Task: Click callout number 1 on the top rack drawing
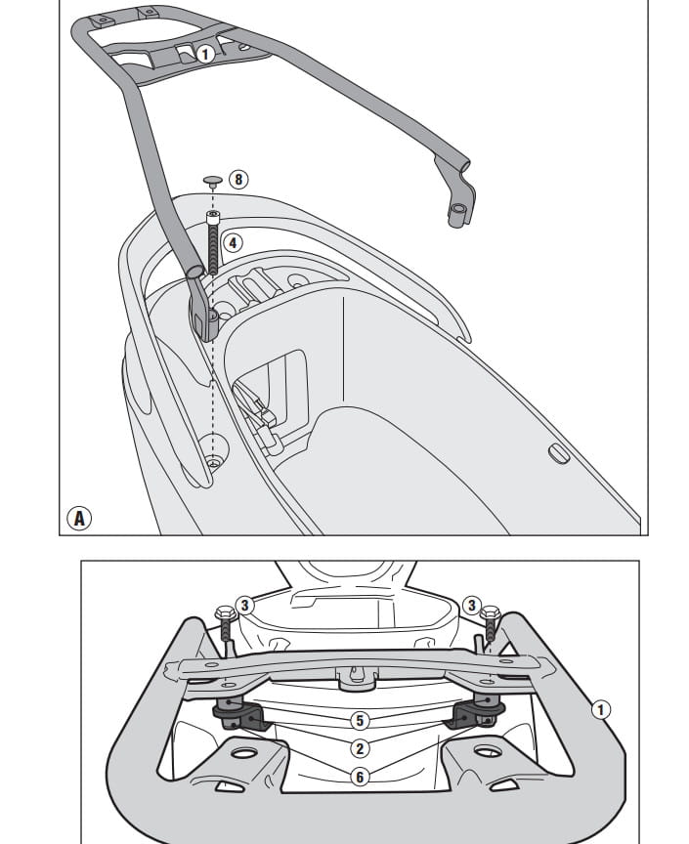pyautogui.click(x=204, y=54)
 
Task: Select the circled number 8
pyautogui.click(x=238, y=180)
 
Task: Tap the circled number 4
pyautogui.click(x=232, y=241)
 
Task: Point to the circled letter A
pyautogui.click(x=79, y=518)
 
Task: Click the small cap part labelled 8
pyautogui.click(x=212, y=181)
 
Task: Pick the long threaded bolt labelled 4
pyautogui.click(x=212, y=239)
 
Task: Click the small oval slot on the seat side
pyautogui.click(x=558, y=453)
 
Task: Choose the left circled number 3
pyautogui.click(x=245, y=606)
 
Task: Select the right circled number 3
pyautogui.click(x=471, y=606)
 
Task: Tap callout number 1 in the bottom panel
pyautogui.click(x=602, y=710)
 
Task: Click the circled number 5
pyautogui.click(x=361, y=721)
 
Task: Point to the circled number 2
pyautogui.click(x=361, y=748)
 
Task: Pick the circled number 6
pyautogui.click(x=361, y=777)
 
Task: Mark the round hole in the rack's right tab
pyautogui.click(x=486, y=751)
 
